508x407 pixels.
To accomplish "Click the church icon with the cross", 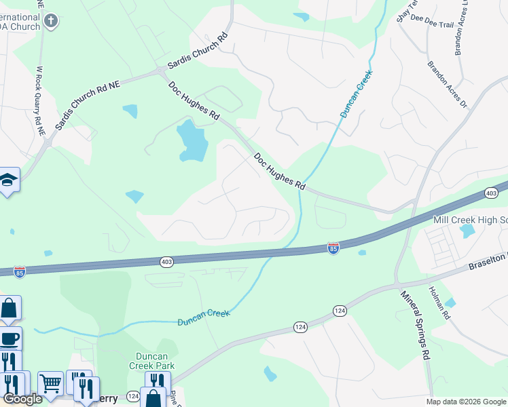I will click(x=50, y=20).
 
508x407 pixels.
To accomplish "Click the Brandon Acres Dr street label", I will click(x=448, y=85).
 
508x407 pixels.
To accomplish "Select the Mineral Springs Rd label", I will click(x=416, y=326).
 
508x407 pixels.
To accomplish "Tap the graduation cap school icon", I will click(x=8, y=180).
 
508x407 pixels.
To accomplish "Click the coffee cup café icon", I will click(x=10, y=338).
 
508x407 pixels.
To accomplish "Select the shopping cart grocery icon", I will click(x=50, y=384).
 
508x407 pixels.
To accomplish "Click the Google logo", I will click(x=22, y=399).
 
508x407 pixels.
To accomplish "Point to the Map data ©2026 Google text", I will click(x=465, y=402).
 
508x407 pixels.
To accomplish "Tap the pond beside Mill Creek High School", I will click(x=467, y=231).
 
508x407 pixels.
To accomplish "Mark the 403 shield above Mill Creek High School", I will click(x=491, y=194).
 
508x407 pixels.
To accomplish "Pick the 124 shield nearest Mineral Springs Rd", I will click(x=340, y=310).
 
